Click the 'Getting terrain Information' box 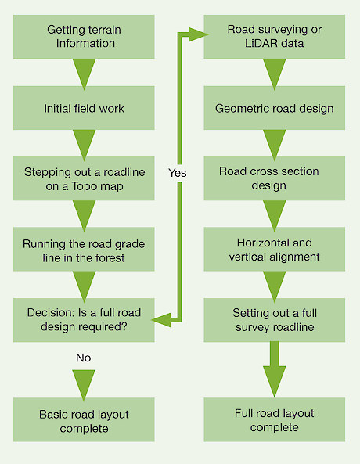(84, 37)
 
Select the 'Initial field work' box (84, 108)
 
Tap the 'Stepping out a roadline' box (84, 178)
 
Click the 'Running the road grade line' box (84, 249)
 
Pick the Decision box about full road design (84, 320)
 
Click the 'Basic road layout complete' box (84, 419)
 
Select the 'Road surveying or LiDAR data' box (275, 37)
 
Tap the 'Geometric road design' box (275, 108)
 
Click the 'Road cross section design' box (275, 178)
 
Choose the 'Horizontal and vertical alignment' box (275, 249)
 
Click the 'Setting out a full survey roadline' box (275, 320)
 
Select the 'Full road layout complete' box (275, 419)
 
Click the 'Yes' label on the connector (178, 173)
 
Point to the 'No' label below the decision (84, 358)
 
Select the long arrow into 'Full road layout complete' (275, 369)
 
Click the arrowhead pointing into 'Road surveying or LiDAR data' (198, 34)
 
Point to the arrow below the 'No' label (84, 385)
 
